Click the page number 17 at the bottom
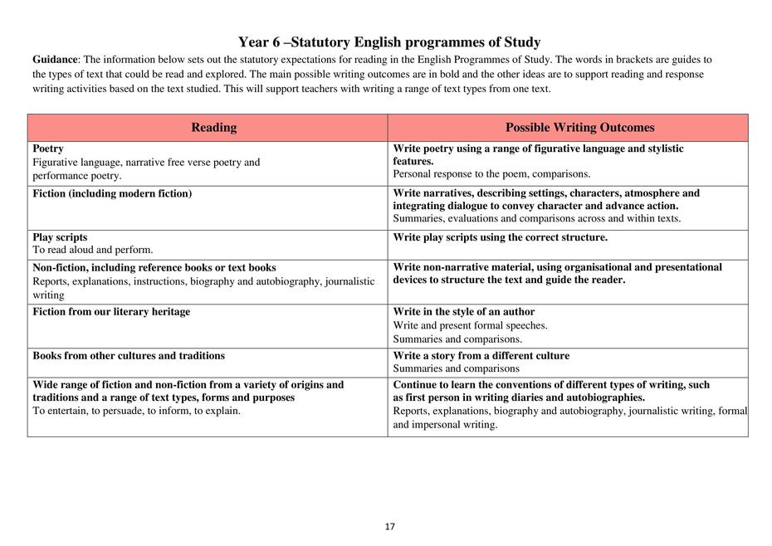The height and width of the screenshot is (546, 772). pos(389,526)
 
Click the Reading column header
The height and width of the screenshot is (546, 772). pos(213,128)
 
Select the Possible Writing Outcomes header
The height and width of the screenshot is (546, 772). pos(579,128)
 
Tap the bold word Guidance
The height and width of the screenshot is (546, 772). pos(55,60)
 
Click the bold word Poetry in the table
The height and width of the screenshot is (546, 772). pos(48,149)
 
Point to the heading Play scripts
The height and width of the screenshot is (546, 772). pos(60,237)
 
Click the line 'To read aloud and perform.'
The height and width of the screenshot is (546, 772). pos(93,250)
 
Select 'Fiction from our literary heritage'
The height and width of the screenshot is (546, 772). pos(111,312)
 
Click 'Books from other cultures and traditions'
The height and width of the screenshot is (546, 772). pos(129,356)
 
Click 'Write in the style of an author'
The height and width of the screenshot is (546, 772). pos(464,312)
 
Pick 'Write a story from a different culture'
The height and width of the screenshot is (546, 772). pos(481,356)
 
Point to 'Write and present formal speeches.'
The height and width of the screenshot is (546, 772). pos(470,325)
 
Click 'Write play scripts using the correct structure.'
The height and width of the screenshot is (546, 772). pos(501,237)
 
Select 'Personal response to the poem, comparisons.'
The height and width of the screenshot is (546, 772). pos(491,174)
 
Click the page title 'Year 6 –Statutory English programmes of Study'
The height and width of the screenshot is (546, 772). pos(389,42)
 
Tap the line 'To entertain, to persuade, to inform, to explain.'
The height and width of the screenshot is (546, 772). pos(137,411)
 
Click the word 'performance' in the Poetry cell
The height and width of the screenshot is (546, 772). pos(62,176)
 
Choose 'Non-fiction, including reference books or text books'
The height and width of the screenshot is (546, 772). pos(154,268)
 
